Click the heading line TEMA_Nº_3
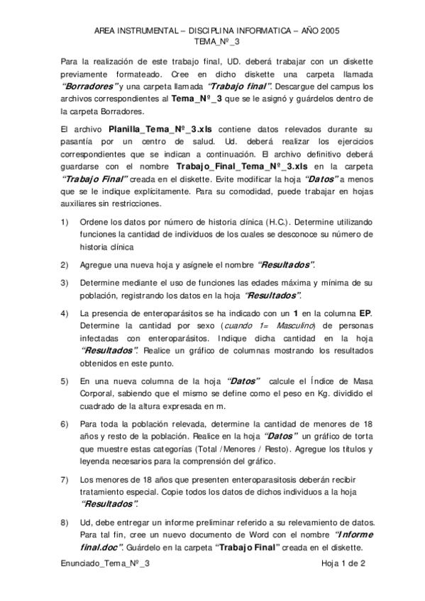(x=213, y=43)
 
